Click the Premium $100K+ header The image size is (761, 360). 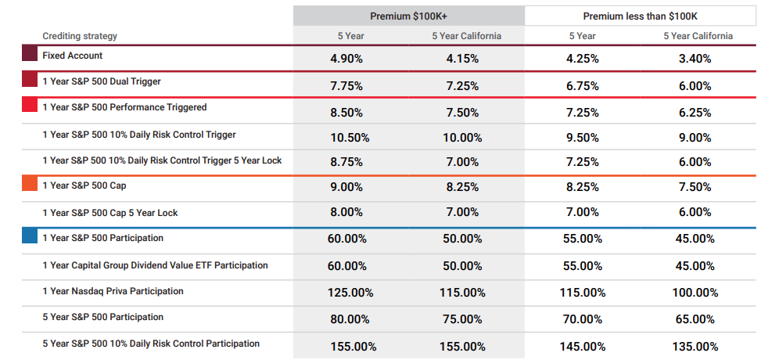[408, 16]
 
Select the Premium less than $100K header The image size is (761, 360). [640, 16]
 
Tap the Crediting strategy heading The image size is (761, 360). [80, 36]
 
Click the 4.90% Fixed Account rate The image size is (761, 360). [346, 59]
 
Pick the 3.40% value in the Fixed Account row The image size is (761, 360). [695, 59]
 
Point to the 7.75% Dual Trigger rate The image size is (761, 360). [346, 86]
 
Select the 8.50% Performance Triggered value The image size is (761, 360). [346, 113]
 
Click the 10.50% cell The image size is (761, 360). [350, 138]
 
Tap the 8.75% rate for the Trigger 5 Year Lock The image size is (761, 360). [346, 162]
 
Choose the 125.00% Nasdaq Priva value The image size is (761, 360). [352, 293]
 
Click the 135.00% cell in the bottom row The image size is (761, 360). [696, 347]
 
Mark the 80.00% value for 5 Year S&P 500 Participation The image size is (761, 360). [350, 319]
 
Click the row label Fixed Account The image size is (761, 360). [72, 56]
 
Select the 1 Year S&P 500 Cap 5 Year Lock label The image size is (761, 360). [110, 213]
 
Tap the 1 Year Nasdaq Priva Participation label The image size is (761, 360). [113, 291]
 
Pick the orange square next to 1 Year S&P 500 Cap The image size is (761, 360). [30, 182]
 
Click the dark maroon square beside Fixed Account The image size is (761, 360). [30, 53]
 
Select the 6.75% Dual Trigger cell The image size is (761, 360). [583, 86]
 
